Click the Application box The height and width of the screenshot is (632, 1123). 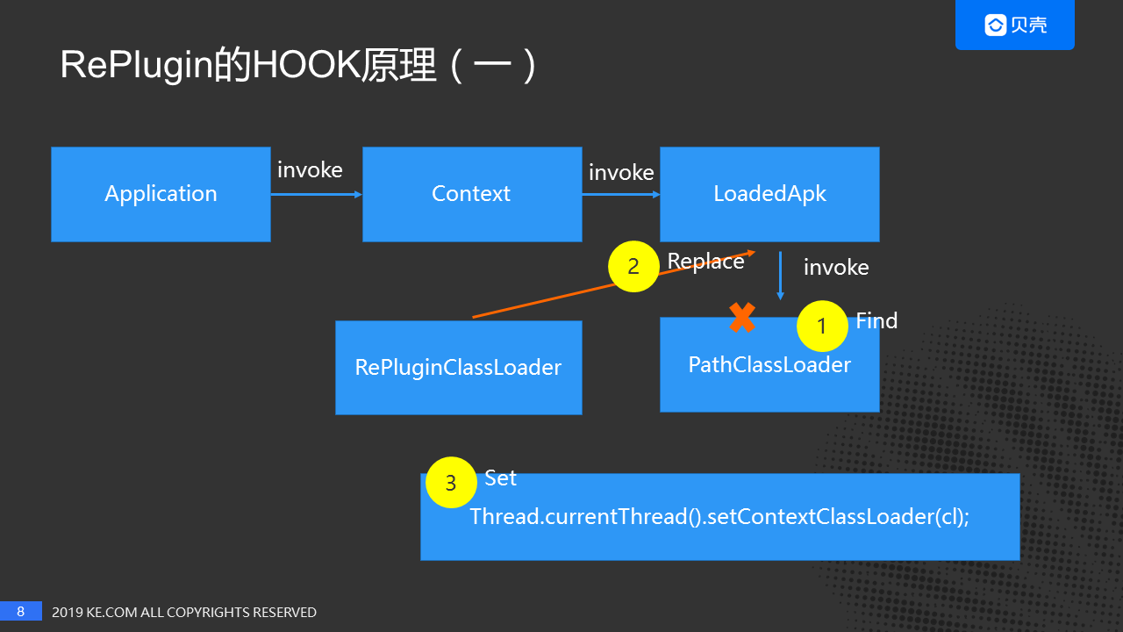click(161, 194)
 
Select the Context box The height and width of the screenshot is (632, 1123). click(471, 194)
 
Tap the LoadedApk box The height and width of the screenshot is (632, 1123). click(769, 194)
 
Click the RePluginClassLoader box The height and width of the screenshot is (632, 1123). click(458, 368)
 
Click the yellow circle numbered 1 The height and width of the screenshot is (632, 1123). click(821, 327)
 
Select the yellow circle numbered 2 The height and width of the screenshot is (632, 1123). click(633, 266)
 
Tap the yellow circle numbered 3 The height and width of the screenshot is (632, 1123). click(451, 483)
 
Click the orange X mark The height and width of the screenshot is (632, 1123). click(742, 318)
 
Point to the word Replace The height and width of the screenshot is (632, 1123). click(705, 261)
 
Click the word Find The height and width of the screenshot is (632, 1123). click(876, 320)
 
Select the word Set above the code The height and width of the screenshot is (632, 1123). click(500, 478)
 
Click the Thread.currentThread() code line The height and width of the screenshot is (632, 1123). click(719, 516)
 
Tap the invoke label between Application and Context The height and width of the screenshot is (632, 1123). click(310, 169)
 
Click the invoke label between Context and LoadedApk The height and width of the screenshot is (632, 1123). click(621, 173)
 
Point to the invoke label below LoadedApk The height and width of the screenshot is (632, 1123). click(836, 267)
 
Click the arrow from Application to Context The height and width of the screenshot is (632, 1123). click(316, 195)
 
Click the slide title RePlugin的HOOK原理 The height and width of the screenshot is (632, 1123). click(298, 67)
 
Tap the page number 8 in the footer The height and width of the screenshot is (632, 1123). click(21, 611)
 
